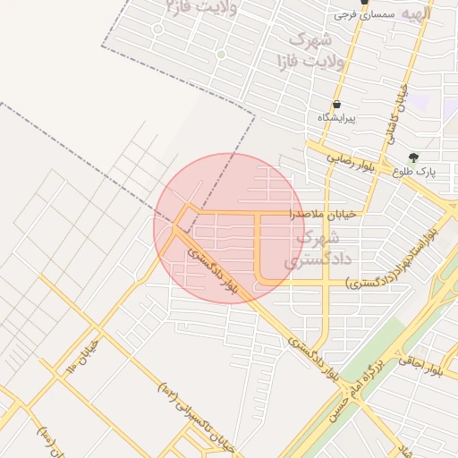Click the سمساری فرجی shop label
tap(363, 14)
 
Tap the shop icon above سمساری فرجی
tap(364, 2)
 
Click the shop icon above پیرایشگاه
tap(335, 105)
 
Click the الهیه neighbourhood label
tap(417, 14)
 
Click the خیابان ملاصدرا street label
tap(323, 215)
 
